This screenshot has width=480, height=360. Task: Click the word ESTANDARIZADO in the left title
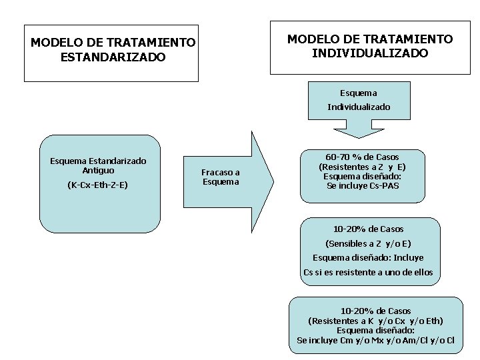[113, 58]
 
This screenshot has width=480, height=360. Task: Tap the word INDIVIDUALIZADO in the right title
[370, 53]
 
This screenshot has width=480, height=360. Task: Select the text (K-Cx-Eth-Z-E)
[98, 185]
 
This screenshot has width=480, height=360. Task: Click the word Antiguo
[98, 171]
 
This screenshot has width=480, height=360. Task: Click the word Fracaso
[221, 172]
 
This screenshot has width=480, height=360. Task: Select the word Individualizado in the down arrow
[359, 107]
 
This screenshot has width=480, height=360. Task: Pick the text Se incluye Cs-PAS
[363, 186]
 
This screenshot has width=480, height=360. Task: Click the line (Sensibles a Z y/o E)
[368, 243]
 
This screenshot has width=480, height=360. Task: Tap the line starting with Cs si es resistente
[368, 272]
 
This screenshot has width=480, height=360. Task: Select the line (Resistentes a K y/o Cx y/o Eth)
[375, 321]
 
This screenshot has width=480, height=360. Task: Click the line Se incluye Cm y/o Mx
[375, 341]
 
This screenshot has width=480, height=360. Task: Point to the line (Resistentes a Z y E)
[362, 167]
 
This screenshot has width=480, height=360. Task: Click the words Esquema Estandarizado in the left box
[98, 161]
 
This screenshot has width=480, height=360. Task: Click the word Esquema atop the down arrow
[358, 93]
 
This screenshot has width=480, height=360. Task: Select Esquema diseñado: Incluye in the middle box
[368, 257]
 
